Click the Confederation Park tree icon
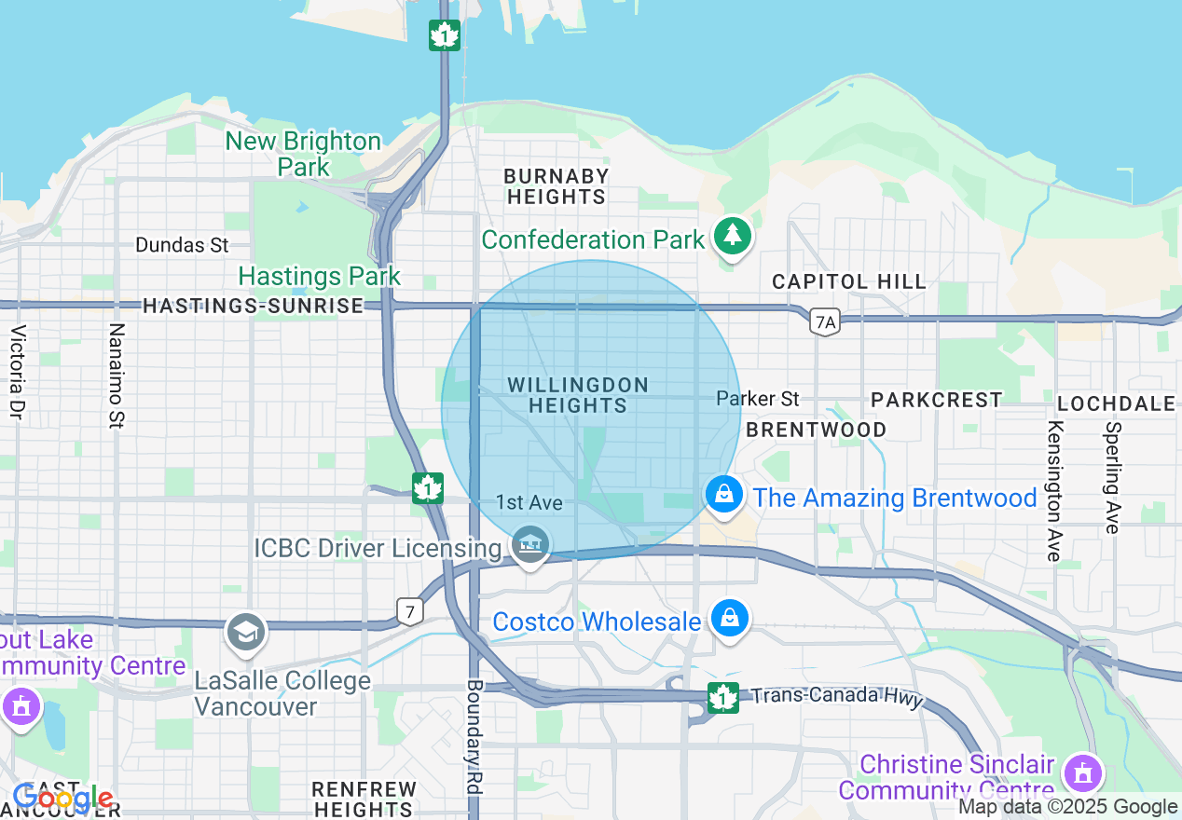tap(734, 237)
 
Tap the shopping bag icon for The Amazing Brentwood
tap(723, 495)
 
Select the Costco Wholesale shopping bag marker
tap(729, 619)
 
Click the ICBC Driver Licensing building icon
tap(530, 544)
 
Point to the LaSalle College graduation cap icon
tap(246, 633)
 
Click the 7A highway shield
tap(825, 322)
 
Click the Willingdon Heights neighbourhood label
tap(578, 395)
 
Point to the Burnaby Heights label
tap(557, 186)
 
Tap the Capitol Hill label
tap(849, 281)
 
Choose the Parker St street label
tap(758, 399)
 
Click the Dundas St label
tap(182, 245)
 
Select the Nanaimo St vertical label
tap(117, 376)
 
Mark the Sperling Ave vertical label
tap(1111, 477)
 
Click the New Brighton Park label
tap(303, 154)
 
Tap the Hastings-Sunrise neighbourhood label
tap(253, 306)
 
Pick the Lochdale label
tap(1116, 403)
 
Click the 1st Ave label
tap(529, 503)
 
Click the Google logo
tap(62, 799)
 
